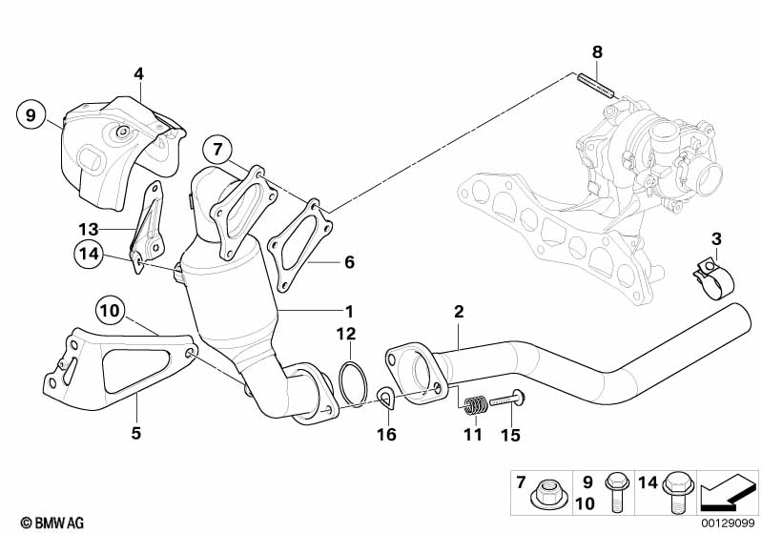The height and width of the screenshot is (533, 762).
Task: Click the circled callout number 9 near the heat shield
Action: (31, 115)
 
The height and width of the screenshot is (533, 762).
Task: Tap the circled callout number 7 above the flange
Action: (217, 149)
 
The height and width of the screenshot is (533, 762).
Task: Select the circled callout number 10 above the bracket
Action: (111, 310)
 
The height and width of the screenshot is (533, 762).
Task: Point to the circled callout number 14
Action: (89, 254)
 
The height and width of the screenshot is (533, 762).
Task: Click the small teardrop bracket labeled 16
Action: (387, 399)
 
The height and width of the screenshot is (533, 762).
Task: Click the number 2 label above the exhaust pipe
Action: (460, 312)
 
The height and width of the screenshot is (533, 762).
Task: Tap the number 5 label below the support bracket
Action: (136, 433)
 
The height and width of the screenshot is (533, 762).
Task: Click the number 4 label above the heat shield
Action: (139, 74)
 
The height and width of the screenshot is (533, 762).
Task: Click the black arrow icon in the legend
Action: (728, 492)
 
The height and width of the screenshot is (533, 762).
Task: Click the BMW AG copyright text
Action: (52, 523)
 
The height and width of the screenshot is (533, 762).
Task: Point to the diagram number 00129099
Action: (729, 523)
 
